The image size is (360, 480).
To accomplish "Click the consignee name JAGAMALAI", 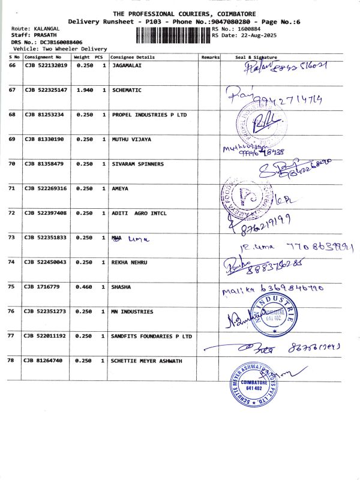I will [x=128, y=65].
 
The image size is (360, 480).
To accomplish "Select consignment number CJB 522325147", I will [x=46, y=90].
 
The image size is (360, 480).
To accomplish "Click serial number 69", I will [x=12, y=139].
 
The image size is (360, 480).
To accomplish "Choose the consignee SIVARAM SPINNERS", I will [x=137, y=164].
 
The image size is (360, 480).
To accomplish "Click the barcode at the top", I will [x=173, y=34].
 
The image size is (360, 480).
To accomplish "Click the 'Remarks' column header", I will [x=211, y=56].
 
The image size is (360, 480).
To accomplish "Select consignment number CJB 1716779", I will [x=41, y=287].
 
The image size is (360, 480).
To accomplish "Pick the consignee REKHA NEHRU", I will [x=130, y=262].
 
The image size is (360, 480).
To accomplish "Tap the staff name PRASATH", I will [x=37, y=35].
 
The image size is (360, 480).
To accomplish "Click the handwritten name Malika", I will [x=235, y=291].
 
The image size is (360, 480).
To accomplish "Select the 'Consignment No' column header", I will [x=43, y=56].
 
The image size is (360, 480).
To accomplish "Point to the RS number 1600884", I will [x=248, y=28].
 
